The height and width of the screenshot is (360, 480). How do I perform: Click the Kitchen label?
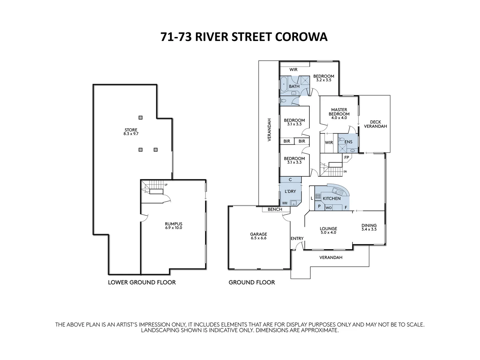tap(332, 198)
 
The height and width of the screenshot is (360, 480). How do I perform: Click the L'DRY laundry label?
tap(290, 191)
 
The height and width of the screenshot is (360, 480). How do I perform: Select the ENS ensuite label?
tap(348, 142)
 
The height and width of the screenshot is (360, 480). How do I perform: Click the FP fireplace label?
tap(347, 157)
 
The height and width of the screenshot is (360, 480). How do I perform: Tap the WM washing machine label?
tap(285, 203)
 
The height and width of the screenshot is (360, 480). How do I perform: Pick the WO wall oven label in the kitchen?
tap(328, 208)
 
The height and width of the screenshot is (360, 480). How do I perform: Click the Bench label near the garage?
tap(275, 209)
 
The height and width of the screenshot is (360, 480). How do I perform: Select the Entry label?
tap(297, 238)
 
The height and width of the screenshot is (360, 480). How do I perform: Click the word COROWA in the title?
tap(301, 37)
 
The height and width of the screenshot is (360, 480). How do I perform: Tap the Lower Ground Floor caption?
tap(142, 282)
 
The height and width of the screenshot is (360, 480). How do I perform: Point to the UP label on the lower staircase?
tap(166, 185)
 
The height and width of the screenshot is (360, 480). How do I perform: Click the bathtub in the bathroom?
tap(284, 85)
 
